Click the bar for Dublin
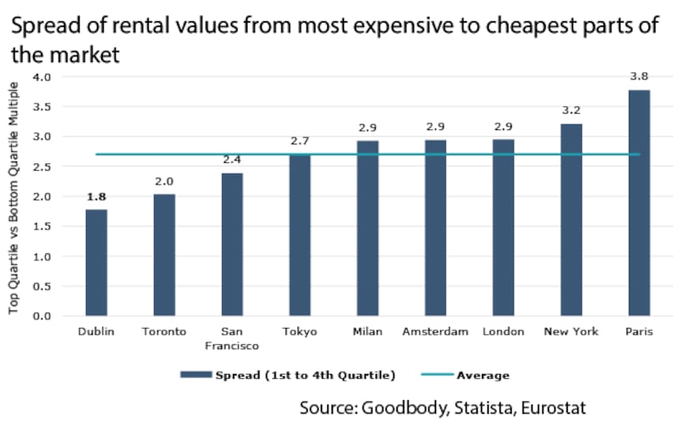(x=96, y=263)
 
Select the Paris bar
(x=639, y=203)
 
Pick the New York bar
(x=571, y=220)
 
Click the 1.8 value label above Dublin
(x=96, y=198)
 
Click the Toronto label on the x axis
(x=164, y=332)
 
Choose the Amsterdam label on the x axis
(x=435, y=332)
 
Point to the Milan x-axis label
(x=367, y=332)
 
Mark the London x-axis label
(x=503, y=332)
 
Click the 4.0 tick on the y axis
(x=42, y=77)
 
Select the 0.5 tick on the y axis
(x=42, y=287)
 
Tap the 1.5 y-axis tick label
(x=42, y=227)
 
